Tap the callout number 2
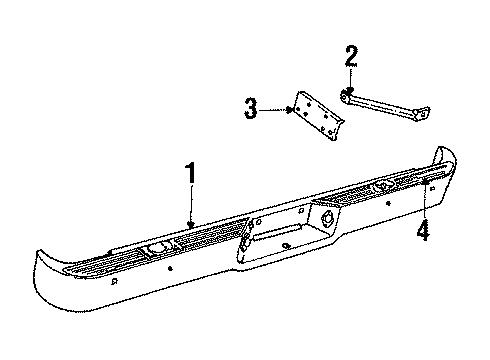pos(350,56)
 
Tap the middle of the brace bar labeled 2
pos(385,100)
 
